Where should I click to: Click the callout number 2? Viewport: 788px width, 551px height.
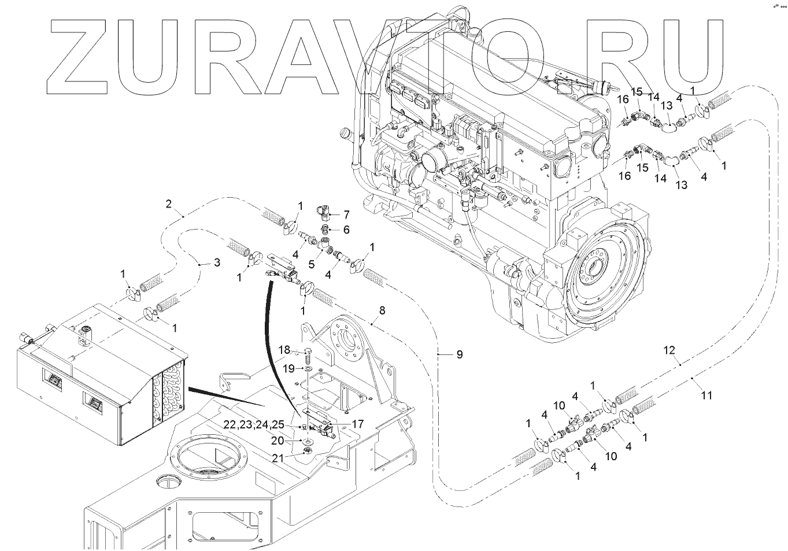(168, 204)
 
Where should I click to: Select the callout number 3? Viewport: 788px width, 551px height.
(217, 262)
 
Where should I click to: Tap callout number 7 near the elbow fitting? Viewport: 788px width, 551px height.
(347, 215)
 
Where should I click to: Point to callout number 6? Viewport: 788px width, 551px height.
(346, 230)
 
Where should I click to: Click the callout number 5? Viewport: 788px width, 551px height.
(311, 264)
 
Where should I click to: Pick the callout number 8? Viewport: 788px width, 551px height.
(382, 310)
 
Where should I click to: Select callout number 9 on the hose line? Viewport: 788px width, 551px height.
(460, 354)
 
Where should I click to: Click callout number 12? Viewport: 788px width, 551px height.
(669, 350)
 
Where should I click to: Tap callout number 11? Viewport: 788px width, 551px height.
(706, 395)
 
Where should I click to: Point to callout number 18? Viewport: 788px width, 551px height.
(284, 350)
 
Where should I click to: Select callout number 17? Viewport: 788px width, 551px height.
(357, 424)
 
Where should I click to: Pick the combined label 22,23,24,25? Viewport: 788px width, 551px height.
(254, 424)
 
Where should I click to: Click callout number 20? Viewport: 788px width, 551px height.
(278, 441)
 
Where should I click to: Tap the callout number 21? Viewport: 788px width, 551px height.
(279, 458)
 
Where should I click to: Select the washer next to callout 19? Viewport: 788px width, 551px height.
(307, 368)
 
